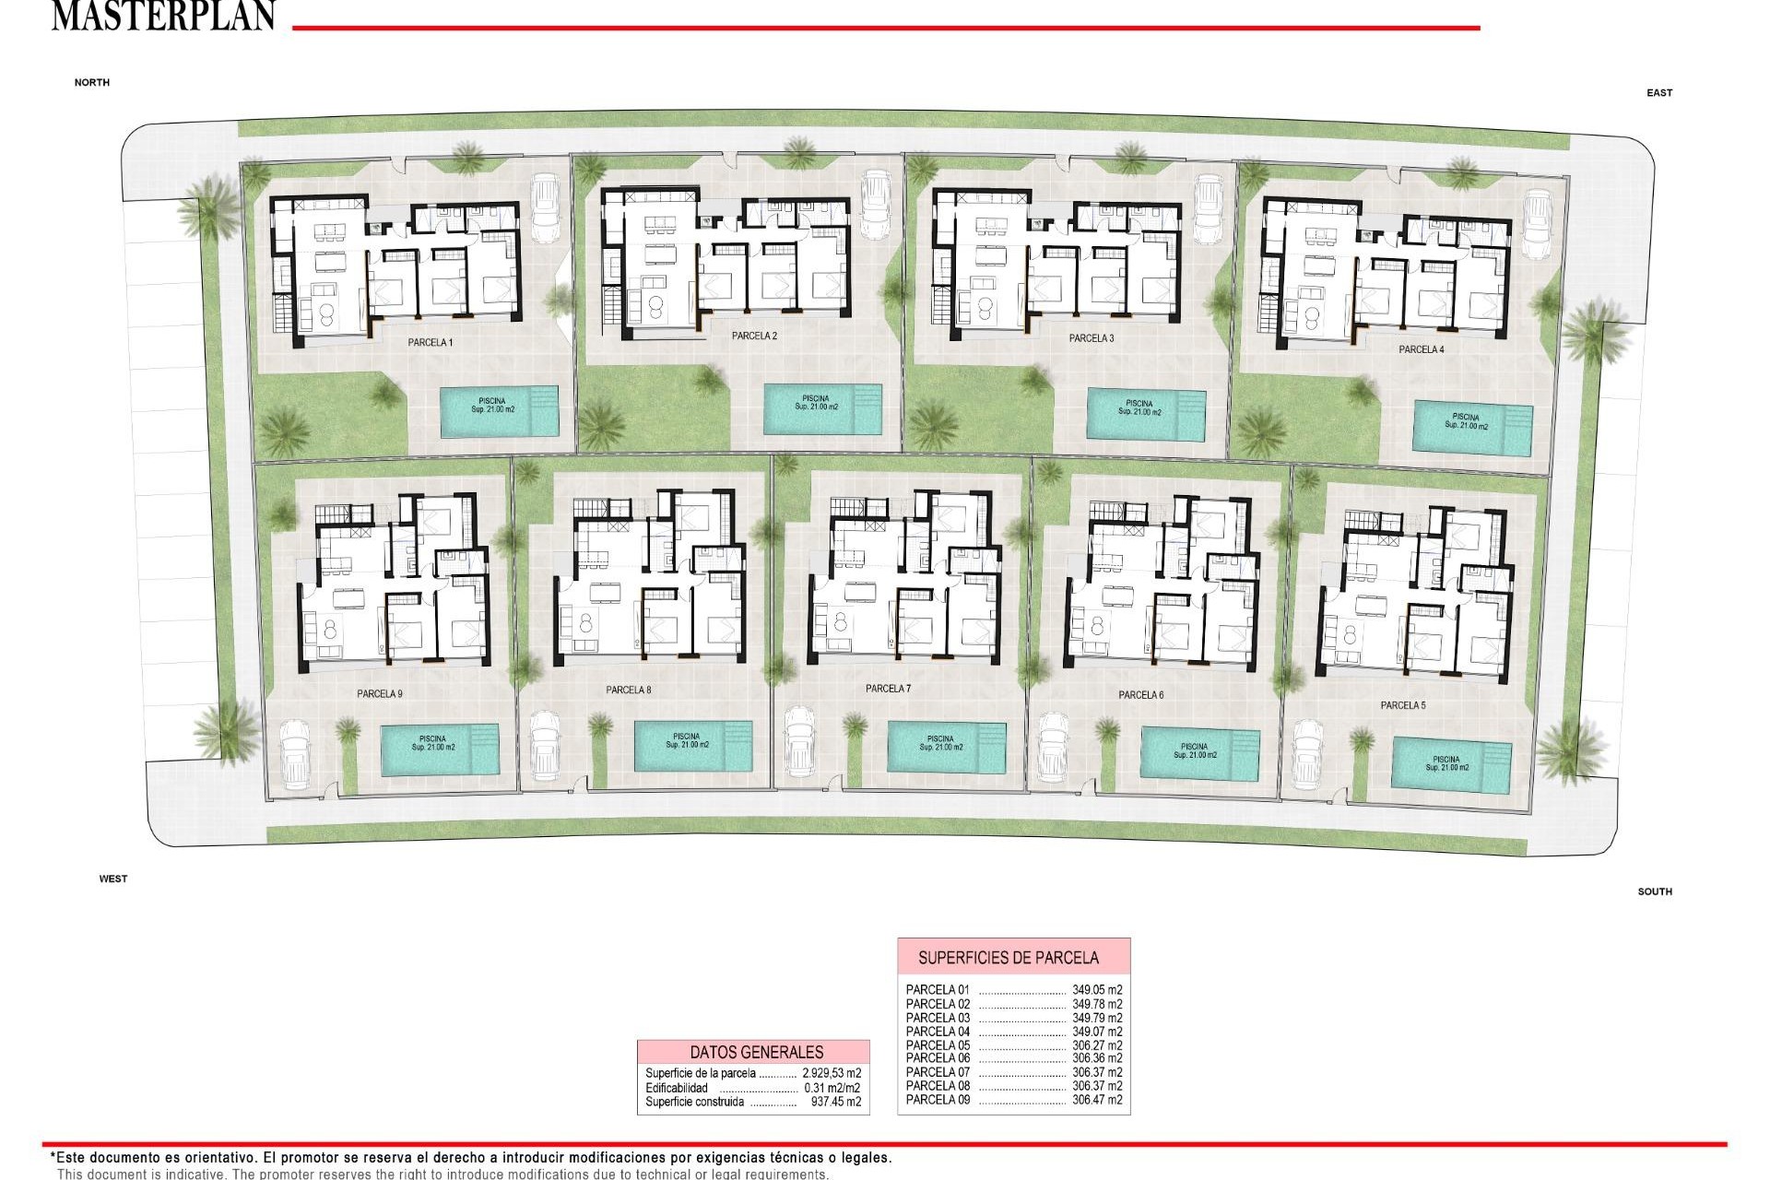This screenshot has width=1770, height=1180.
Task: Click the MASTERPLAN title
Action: coord(163,16)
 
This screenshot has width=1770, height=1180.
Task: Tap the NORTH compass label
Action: coord(92,83)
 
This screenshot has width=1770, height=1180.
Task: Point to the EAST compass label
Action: coord(1659,93)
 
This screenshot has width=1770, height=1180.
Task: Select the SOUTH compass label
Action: coord(1655,891)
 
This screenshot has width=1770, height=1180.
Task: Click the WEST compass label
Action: coord(113,879)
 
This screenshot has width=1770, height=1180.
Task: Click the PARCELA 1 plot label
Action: coord(431,343)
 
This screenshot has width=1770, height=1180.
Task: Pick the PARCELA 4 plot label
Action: coord(1422,349)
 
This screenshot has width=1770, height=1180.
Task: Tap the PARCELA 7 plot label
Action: coord(888,689)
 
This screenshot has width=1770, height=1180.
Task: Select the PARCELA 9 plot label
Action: coord(380,694)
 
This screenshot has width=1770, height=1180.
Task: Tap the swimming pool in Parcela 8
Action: coord(692,746)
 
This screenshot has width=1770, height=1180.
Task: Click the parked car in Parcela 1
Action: coord(546,206)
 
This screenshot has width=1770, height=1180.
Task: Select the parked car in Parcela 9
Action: coord(294,753)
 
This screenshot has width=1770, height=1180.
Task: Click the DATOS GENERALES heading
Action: coord(756,1052)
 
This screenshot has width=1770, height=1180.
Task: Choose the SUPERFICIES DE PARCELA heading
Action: coord(1009,958)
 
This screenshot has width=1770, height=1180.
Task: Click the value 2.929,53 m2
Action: coord(832,1073)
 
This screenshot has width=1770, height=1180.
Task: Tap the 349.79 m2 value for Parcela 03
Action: coord(1097,1018)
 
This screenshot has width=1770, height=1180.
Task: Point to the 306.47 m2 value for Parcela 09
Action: coord(1097,1100)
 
